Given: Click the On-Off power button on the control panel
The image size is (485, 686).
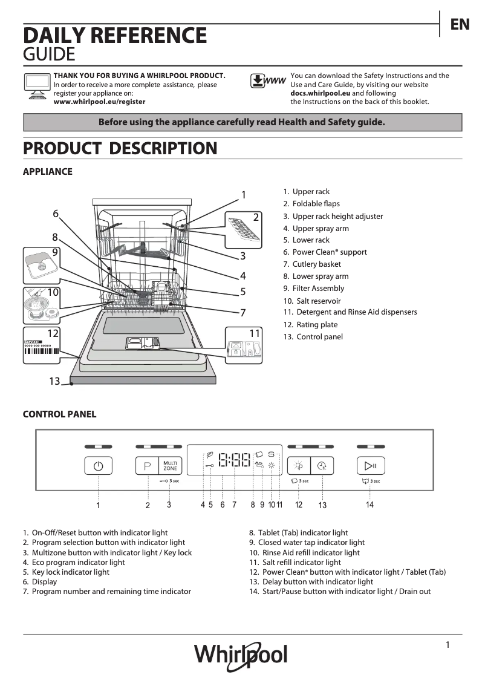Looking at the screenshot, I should pyautogui.click(x=99, y=466).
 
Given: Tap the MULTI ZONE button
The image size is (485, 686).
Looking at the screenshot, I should pyautogui.click(x=170, y=466).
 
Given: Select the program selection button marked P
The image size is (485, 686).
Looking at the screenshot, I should pyautogui.click(x=146, y=466).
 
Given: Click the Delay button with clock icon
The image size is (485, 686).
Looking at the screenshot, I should pyautogui.click(x=322, y=466).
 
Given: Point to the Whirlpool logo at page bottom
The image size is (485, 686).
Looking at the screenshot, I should pyautogui.click(x=241, y=656).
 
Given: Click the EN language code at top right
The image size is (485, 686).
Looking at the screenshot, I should pyautogui.click(x=460, y=24).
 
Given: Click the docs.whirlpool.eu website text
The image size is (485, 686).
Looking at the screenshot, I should pyautogui.click(x=320, y=93).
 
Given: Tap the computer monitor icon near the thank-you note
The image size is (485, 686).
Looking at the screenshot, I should pyautogui.click(x=36, y=86).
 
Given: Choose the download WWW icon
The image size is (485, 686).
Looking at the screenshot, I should pyautogui.click(x=267, y=82).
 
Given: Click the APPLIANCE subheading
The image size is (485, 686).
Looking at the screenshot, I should pyautogui.click(x=47, y=172).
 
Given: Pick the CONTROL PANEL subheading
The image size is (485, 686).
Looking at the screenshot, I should pyautogui.click(x=59, y=414).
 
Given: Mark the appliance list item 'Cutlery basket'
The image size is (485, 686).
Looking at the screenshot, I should pyautogui.click(x=316, y=264).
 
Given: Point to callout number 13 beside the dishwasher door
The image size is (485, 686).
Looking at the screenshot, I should pyautogui.click(x=54, y=381).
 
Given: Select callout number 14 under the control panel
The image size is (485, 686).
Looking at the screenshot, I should pyautogui.click(x=369, y=505).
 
